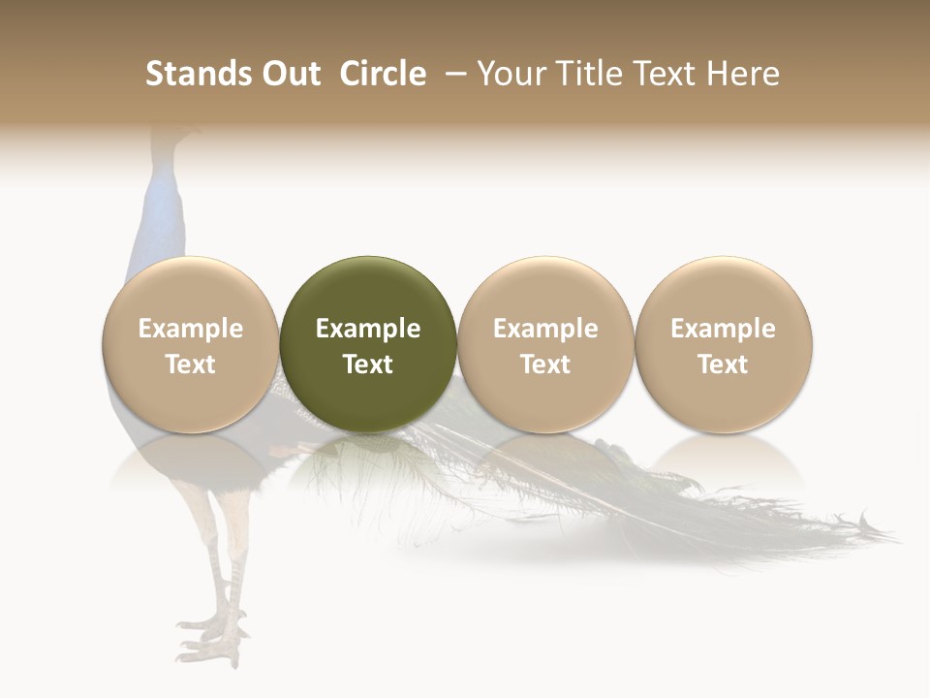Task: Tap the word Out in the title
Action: coord(290,74)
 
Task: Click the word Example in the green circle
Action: coord(368,329)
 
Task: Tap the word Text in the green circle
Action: coord(368,365)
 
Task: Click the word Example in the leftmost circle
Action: coord(191,329)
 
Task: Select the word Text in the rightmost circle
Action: coord(723,365)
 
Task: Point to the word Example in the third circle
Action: coord(545,329)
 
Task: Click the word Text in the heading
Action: coord(668,74)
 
